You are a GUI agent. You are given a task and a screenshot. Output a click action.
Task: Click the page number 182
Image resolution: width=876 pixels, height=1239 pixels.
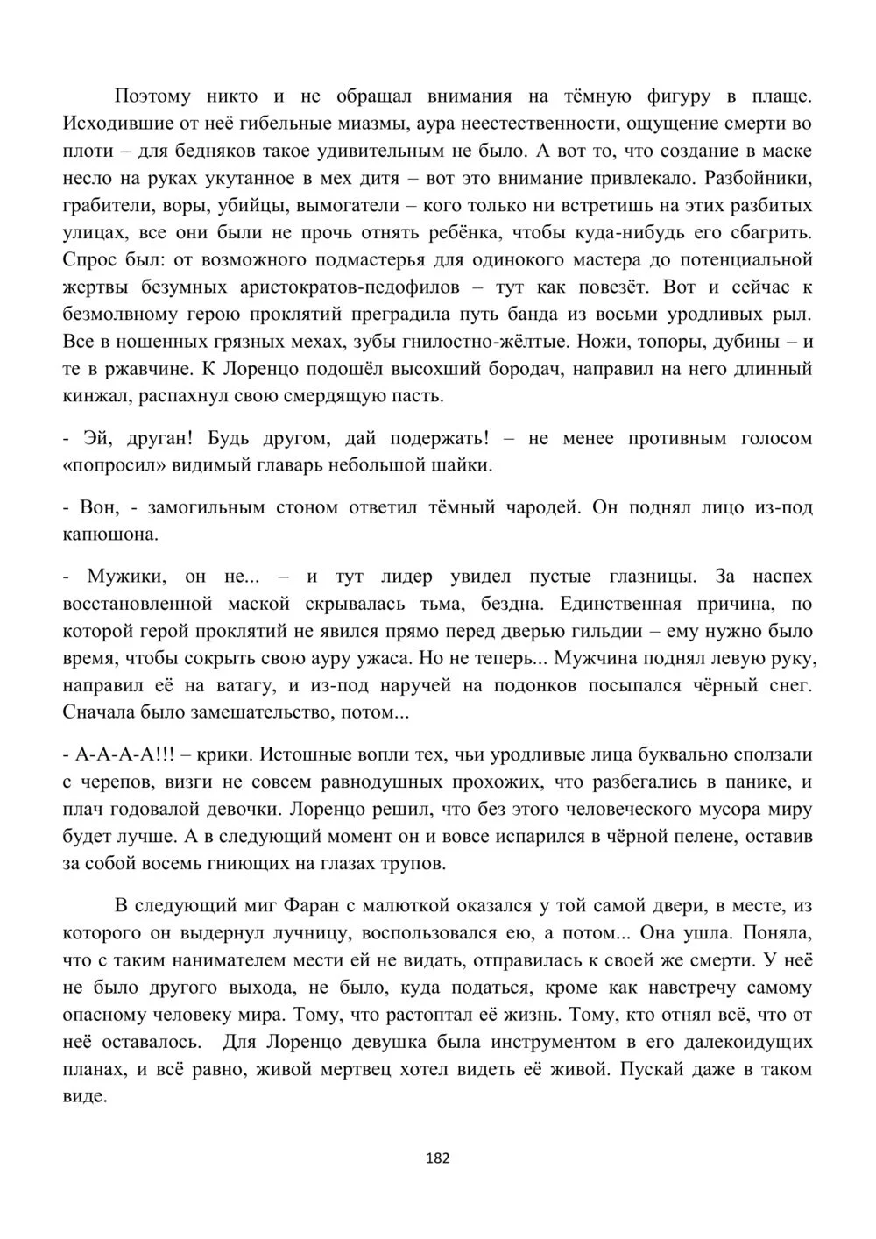pyautogui.click(x=437, y=1158)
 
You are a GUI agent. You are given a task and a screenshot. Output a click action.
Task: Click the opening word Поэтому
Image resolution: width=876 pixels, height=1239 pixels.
pyautogui.click(x=152, y=96)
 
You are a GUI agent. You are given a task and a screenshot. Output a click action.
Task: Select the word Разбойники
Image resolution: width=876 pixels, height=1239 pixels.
pyautogui.click(x=759, y=178)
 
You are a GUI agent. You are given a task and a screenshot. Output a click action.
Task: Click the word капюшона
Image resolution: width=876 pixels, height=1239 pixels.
pyautogui.click(x=111, y=535)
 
